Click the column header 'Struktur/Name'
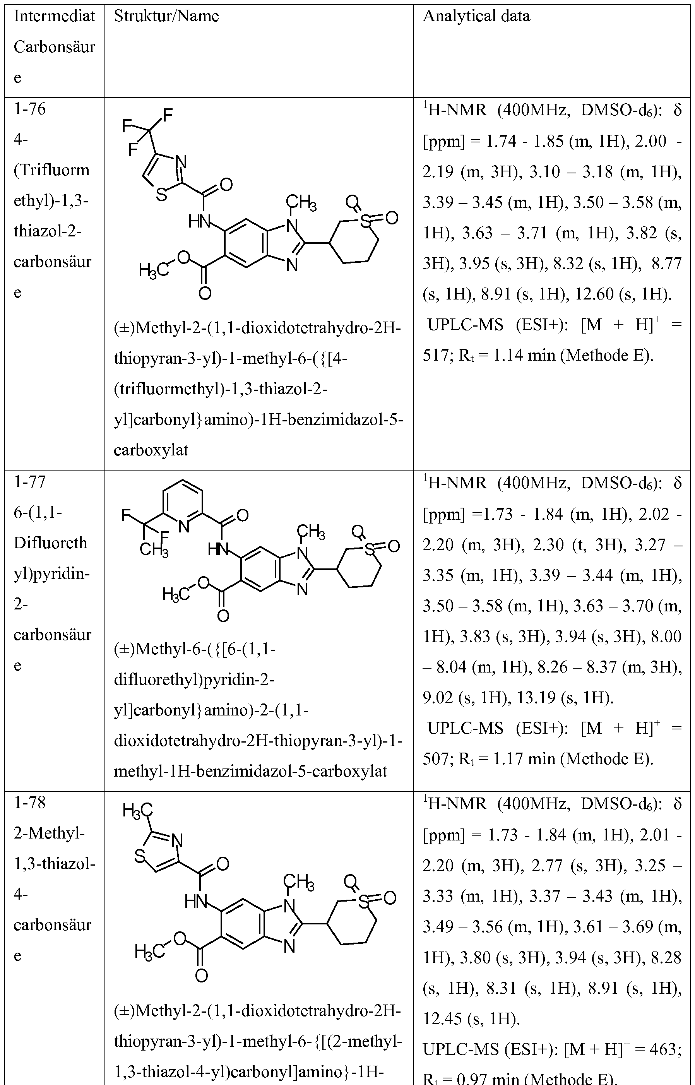166,17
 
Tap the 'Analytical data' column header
476,17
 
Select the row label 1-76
30,109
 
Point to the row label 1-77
30,482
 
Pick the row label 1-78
30,803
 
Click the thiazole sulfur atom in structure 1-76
161,196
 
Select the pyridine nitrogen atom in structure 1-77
183,526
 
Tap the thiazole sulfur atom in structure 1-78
140,856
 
